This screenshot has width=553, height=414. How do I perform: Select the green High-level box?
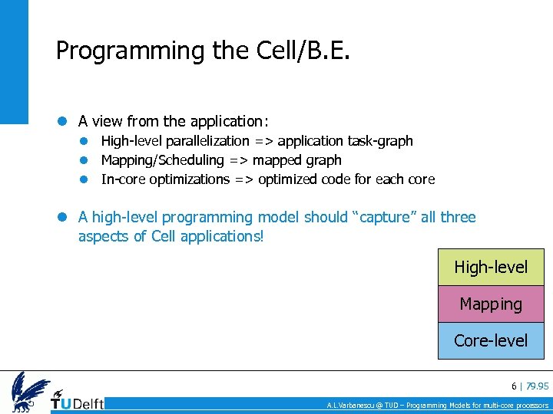pos(491,268)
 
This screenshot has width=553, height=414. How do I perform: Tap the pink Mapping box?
pos(491,304)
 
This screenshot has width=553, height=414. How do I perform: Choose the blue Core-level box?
pos(491,340)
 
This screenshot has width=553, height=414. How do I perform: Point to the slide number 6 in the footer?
pos(514,386)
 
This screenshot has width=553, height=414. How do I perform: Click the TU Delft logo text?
pos(78,402)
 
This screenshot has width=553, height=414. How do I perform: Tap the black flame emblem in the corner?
pos(30,392)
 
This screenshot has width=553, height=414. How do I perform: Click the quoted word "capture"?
pos(384,218)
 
